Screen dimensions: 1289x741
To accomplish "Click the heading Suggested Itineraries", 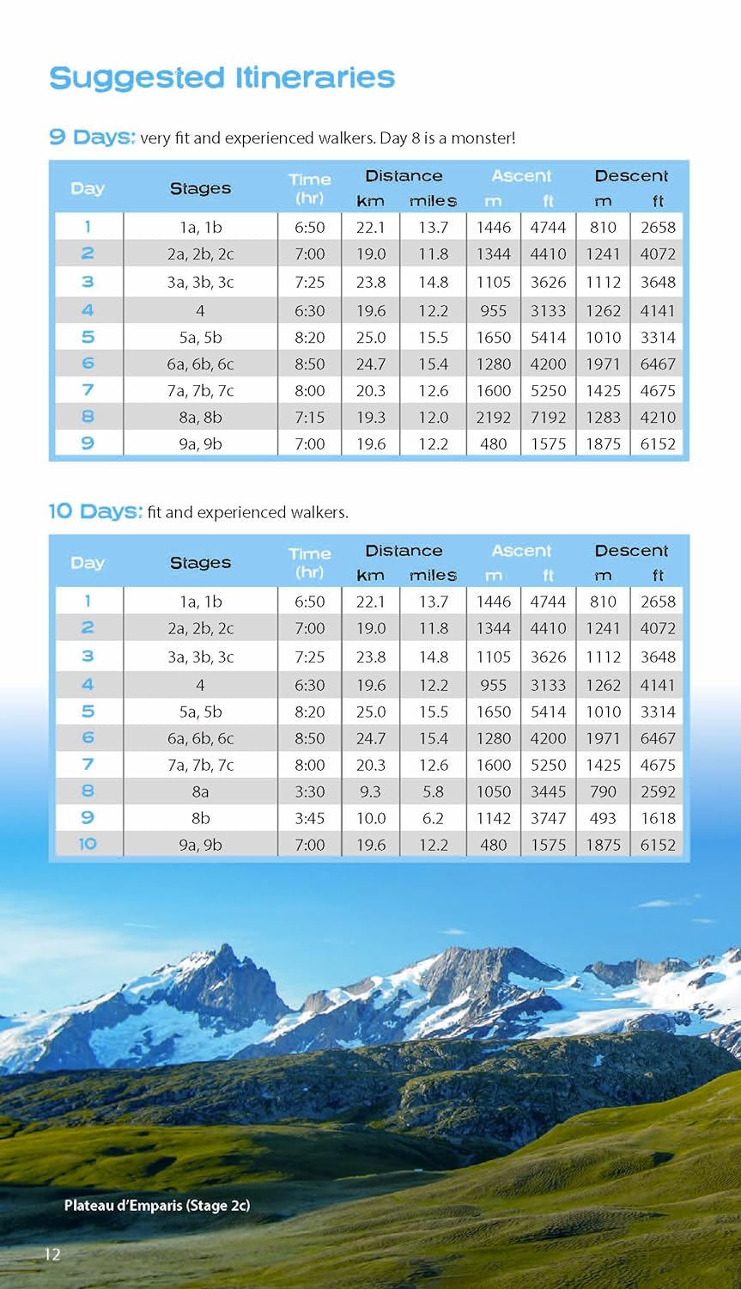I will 222,78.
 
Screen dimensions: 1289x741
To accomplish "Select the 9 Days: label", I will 92,137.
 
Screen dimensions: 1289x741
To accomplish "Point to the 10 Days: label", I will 94,512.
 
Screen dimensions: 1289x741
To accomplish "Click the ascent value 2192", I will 494,418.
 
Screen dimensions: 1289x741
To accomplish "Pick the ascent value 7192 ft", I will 548,418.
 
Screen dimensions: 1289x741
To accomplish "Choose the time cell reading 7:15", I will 310,418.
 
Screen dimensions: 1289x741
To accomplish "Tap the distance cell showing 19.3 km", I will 371,418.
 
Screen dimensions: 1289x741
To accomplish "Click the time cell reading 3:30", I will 310,791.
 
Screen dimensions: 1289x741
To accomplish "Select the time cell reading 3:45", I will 310,818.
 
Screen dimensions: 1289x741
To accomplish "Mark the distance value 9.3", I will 371,791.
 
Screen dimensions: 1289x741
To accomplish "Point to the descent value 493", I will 603,818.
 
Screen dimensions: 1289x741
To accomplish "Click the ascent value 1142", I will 494,818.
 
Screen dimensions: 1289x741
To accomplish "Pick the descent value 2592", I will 658,791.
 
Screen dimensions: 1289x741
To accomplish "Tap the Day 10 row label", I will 88,845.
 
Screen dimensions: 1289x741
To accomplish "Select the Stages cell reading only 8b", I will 200,818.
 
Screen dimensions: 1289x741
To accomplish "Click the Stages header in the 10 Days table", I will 200,563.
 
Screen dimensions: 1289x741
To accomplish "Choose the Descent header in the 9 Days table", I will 631,176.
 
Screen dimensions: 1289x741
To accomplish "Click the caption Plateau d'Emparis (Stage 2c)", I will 157,1206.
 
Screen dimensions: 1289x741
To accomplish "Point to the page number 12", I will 52,1255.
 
